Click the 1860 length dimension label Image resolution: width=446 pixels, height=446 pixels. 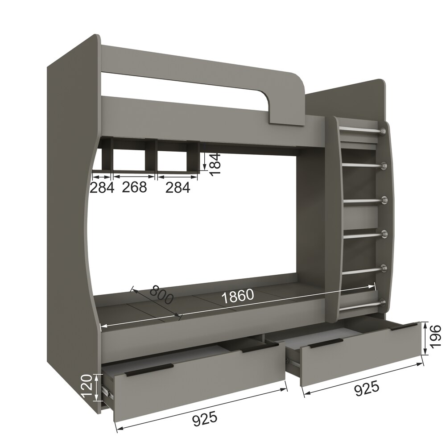click(x=237, y=296)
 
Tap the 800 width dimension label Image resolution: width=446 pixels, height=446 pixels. click(x=161, y=295)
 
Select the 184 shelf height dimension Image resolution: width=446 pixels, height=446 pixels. click(x=215, y=164)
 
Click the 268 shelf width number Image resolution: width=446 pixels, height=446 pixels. click(x=134, y=187)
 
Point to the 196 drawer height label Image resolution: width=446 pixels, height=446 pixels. click(x=435, y=336)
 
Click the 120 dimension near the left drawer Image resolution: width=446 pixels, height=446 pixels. click(x=87, y=386)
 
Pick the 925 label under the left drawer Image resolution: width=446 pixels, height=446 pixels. click(x=205, y=419)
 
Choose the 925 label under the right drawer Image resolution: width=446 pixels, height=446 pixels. click(x=367, y=388)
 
